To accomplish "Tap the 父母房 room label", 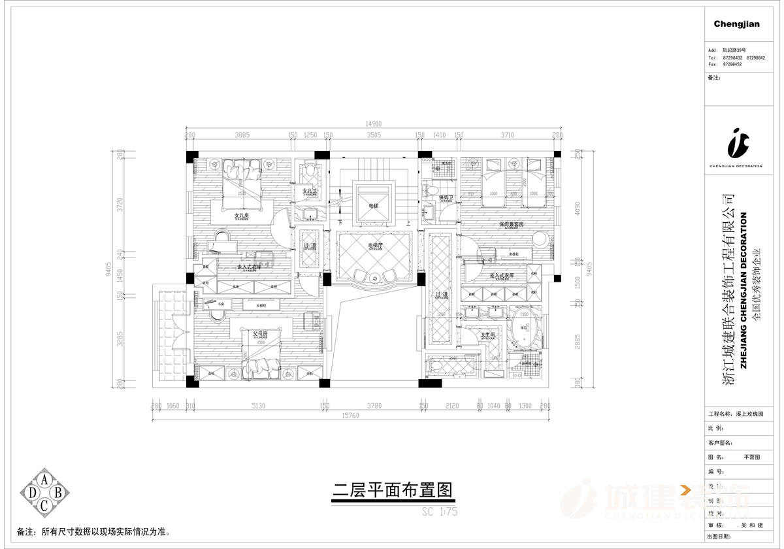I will pos(261,334).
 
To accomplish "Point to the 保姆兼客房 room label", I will pos(512,224).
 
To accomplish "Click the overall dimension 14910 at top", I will pos(373,124).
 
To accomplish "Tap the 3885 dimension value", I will pos(242,135).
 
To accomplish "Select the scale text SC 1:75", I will pos(440,512).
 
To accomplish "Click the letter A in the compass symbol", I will pos(44,478).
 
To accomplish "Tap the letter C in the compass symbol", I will pos(44,505).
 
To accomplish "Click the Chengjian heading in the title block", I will pos(736,24).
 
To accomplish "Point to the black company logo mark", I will pos(736,143).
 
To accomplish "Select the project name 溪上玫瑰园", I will pos(749,414).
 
